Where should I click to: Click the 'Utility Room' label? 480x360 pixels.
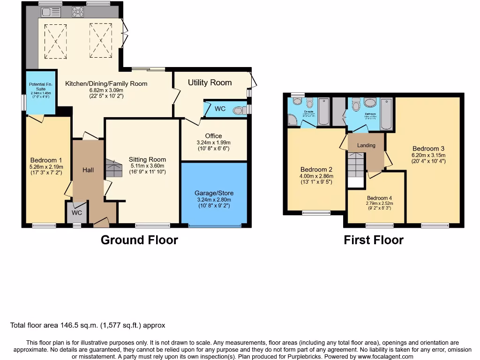pos(210,82)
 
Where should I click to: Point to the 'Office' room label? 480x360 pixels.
pos(213,136)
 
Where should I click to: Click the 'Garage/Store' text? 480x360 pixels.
pos(214,193)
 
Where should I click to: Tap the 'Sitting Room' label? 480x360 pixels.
pos(147,159)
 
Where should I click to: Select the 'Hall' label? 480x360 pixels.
pos(88,170)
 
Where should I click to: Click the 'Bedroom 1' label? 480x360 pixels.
pos(46,160)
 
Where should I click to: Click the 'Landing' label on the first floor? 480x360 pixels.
pos(366,145)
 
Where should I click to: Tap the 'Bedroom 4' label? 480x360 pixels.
pos(380,198)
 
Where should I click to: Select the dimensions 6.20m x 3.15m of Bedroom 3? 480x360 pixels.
pos(428,155)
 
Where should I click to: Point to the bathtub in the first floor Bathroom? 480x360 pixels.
pos(386,114)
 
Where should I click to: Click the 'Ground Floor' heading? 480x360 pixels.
pos(139,240)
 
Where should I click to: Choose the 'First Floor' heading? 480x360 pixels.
pos(373,240)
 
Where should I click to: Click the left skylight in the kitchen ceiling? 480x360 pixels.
pos(56,40)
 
